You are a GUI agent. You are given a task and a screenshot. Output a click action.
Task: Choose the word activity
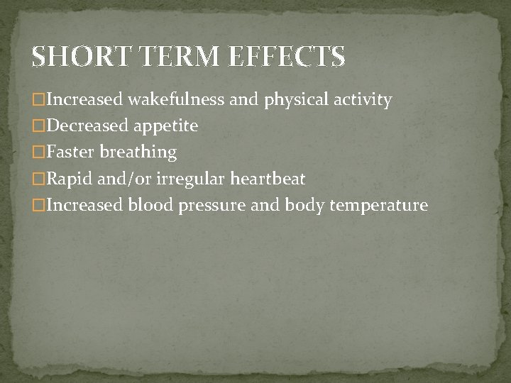362,101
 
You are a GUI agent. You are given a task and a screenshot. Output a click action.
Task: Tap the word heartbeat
268,179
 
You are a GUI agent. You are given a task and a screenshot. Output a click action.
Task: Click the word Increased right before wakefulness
79,100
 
